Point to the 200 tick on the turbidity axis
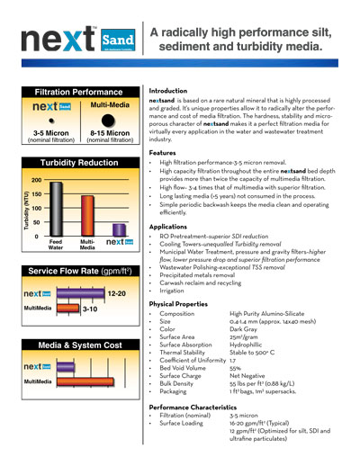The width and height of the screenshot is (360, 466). click(35, 180)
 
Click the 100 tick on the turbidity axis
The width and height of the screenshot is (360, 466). click(35, 208)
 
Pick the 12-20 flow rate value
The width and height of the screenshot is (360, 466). click(118, 293)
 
